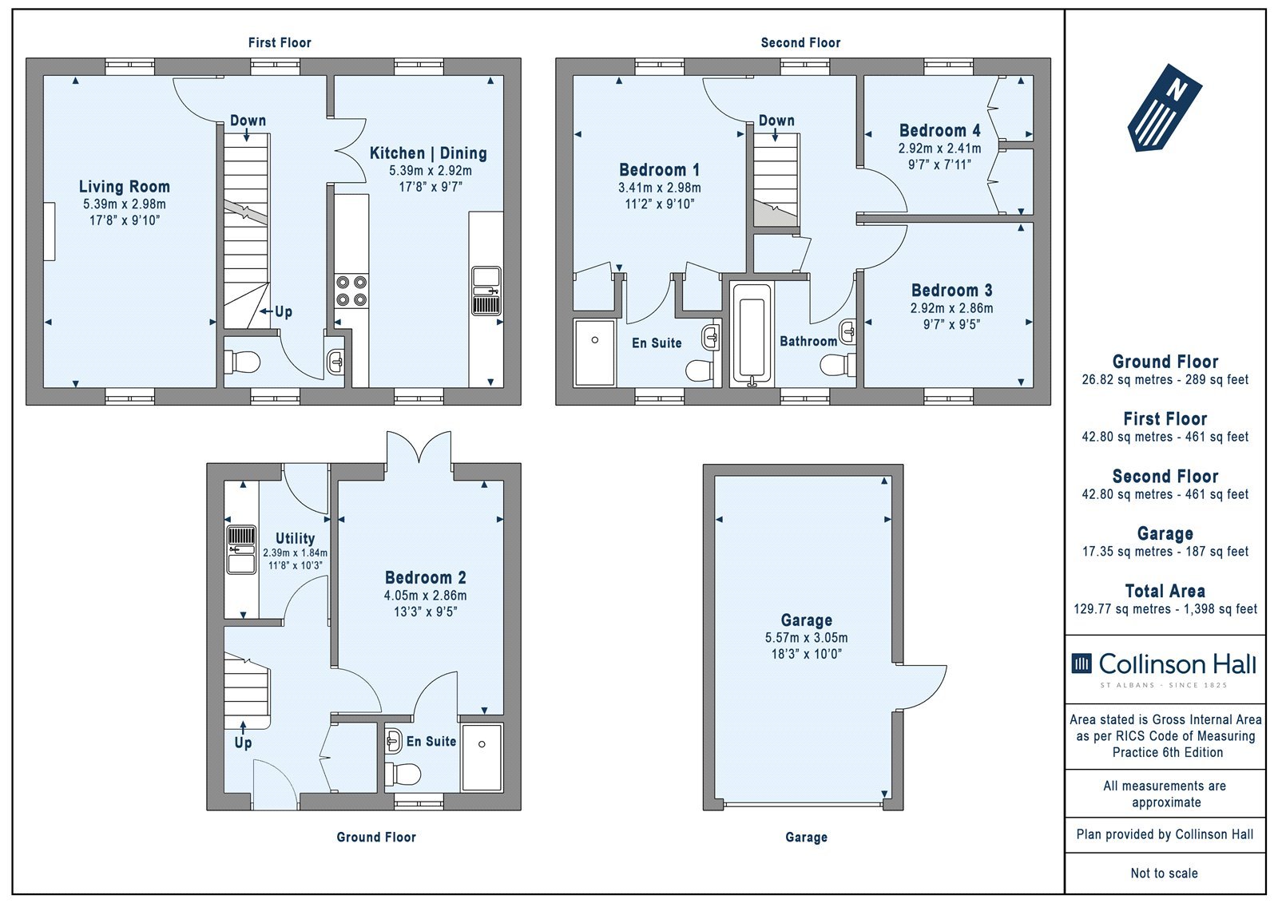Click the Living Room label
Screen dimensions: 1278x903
[x=125, y=187]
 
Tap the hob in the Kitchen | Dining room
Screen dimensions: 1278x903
[x=351, y=291]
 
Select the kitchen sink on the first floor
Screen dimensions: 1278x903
[x=486, y=291]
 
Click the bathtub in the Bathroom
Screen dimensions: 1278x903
[x=752, y=335]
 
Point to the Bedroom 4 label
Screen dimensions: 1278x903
[x=939, y=131]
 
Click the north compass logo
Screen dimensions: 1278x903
[x=1165, y=108]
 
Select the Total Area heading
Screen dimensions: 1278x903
[x=1165, y=590]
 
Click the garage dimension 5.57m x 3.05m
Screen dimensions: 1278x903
[x=806, y=638]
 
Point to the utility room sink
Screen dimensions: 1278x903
[x=242, y=550]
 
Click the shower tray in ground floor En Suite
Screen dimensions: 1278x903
[x=482, y=758]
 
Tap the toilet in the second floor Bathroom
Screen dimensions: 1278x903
[x=838, y=365]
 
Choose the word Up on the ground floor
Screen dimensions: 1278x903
[x=243, y=743]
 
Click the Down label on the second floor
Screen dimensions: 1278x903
[x=776, y=121]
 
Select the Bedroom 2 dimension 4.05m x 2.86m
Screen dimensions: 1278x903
[x=425, y=596]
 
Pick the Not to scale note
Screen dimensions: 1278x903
[x=1164, y=873]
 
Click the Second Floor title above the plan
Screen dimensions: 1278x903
[x=800, y=43]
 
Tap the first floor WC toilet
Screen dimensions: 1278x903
[x=243, y=361]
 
